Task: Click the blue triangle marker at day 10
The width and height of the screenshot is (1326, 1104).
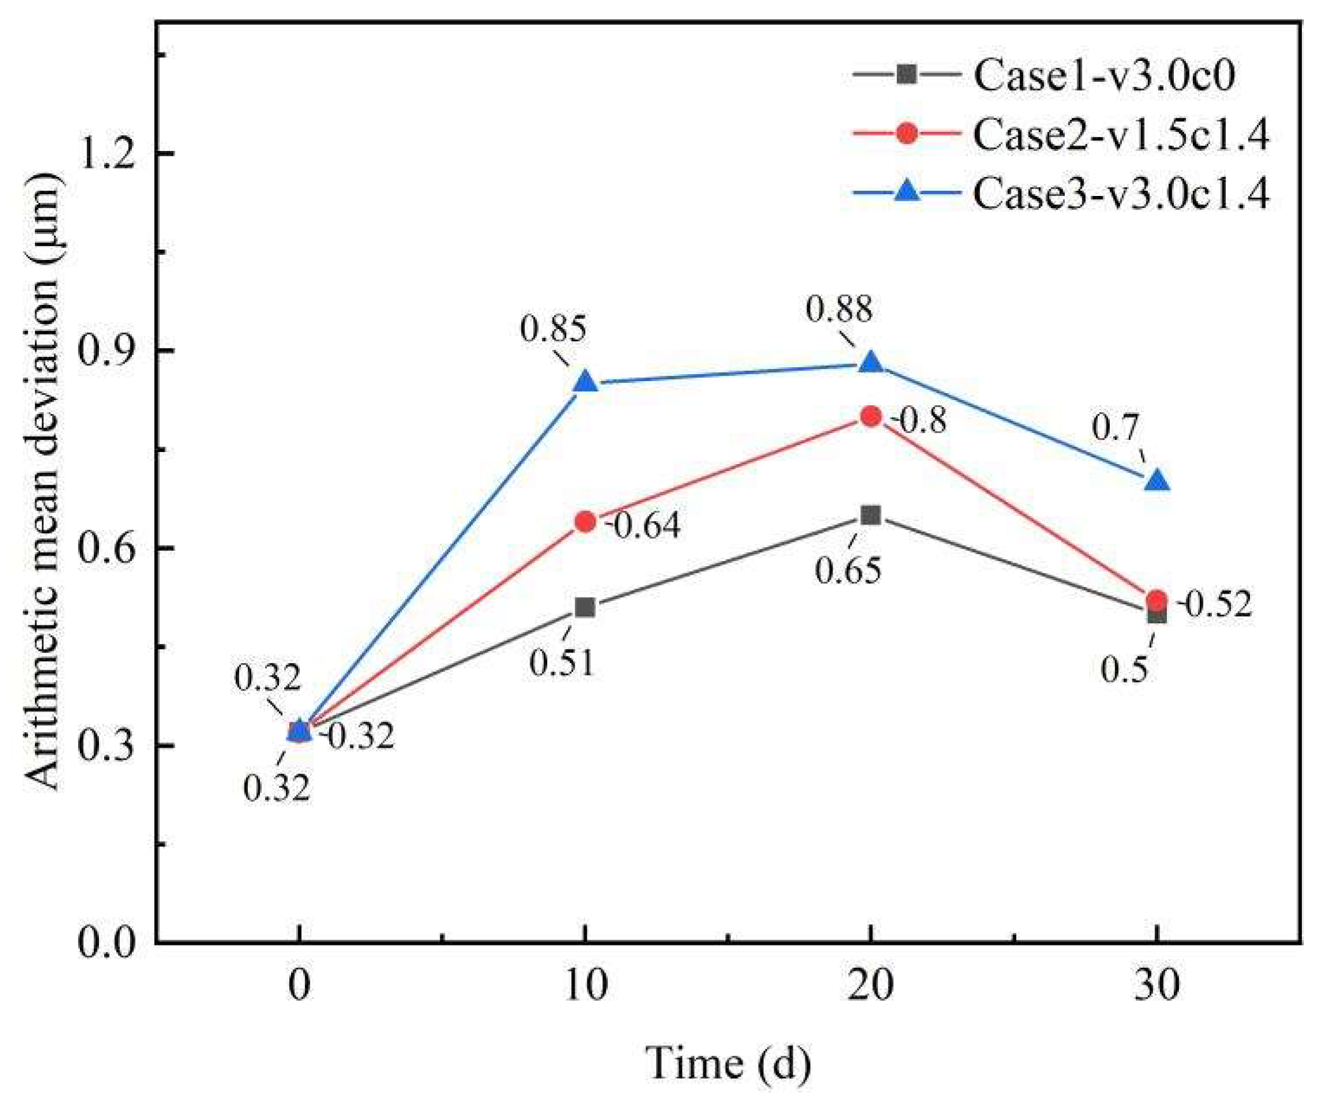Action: click(585, 382)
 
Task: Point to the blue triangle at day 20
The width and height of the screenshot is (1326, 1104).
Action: click(871, 363)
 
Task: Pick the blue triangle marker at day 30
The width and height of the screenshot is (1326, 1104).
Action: click(1157, 481)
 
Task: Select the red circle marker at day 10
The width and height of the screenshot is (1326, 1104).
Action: click(585, 522)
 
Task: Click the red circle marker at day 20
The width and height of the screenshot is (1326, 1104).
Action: click(871, 417)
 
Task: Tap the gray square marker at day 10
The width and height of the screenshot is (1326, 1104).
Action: click(585, 607)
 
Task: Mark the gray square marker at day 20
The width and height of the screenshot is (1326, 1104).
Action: click(871, 515)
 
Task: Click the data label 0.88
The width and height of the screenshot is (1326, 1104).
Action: click(838, 310)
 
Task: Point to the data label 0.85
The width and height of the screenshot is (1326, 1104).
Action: click(553, 330)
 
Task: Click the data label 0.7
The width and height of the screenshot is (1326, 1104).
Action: click(1115, 428)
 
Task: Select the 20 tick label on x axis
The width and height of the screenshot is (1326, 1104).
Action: click(871, 985)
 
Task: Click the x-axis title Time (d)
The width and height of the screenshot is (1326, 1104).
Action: click(728, 1063)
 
